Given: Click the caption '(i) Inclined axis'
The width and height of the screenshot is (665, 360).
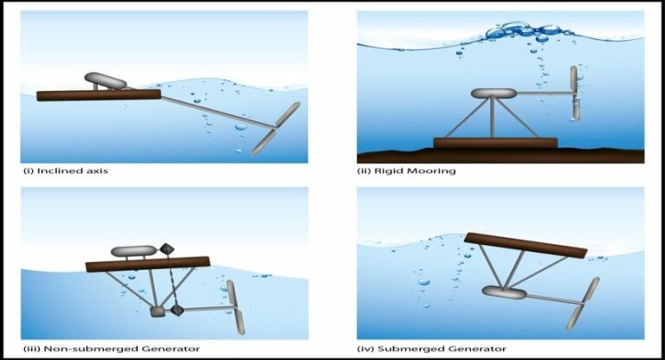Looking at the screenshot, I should coord(65,171).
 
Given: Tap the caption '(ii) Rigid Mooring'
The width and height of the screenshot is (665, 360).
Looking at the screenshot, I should coord(406,171).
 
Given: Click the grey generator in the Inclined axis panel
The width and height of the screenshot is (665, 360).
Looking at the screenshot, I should coord(105,80).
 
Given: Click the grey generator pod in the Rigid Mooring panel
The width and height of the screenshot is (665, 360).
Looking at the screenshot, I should coord(494,93).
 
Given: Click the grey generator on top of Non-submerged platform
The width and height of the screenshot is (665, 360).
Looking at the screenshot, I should coord(133,251).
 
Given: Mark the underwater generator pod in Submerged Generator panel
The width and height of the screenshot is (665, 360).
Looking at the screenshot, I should coord(503,292).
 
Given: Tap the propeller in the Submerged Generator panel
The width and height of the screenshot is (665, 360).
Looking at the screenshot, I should coord(582,303).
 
